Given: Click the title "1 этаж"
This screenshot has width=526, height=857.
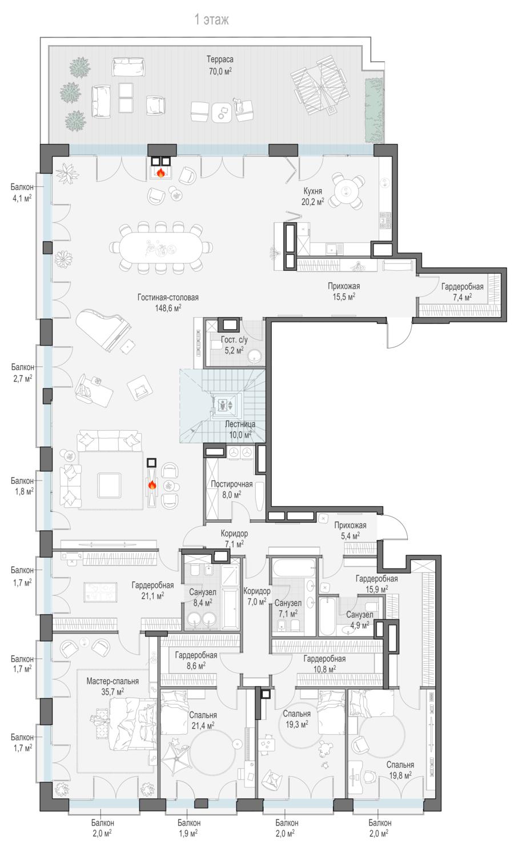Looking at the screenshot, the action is coord(211,19).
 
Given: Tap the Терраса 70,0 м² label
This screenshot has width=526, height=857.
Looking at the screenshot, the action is coord(220,65).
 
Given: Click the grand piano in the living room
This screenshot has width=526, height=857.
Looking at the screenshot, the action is coord(104,329).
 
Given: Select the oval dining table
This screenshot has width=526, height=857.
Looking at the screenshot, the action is coord(160,247).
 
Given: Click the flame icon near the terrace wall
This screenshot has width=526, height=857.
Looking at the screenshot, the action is coord(161,173).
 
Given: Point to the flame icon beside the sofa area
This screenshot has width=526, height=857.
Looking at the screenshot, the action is coord(152,485).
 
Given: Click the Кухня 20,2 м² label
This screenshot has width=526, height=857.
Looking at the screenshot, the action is coord(312,197).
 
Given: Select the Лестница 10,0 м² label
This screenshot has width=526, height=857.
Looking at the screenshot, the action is coord(240,429).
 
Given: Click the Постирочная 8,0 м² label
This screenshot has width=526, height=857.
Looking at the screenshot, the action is coord(232,489).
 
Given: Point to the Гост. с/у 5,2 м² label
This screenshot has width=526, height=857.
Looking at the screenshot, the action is coord(234,345).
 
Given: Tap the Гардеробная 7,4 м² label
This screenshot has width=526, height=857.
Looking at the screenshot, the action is coord(462,292).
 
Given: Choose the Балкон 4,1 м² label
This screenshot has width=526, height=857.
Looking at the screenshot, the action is coord(22,193).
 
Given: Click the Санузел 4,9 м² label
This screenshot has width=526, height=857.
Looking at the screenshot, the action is coord(360,620).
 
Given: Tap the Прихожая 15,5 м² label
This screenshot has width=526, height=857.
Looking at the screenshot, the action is coord(344,291).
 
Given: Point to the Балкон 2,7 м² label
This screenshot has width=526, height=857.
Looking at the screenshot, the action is coord(22,373).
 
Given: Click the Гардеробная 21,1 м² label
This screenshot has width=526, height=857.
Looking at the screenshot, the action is coord(152,590).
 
